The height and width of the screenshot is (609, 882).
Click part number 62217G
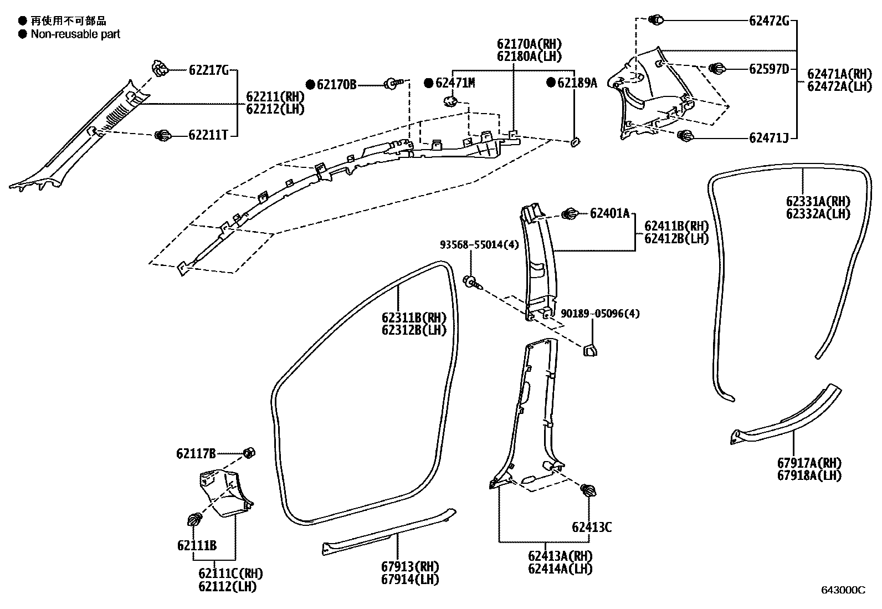pyautogui.click(x=208, y=70)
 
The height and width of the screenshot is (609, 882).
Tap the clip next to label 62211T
pyautogui.click(x=163, y=135)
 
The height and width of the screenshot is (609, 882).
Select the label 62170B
pyautogui.click(x=337, y=84)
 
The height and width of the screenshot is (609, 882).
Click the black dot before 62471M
pyautogui.click(x=428, y=83)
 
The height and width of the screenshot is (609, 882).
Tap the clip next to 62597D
pyautogui.click(x=717, y=69)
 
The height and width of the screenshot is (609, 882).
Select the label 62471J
pyautogui.click(x=768, y=137)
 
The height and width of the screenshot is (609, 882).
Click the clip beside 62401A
pyautogui.click(x=570, y=213)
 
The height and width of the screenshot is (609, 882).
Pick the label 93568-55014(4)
pyautogui.click(x=480, y=244)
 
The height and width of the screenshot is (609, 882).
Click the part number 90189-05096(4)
pyautogui.click(x=600, y=314)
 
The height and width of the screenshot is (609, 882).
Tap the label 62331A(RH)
pyautogui.click(x=818, y=202)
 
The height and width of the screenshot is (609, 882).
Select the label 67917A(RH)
pyautogui.click(x=813, y=463)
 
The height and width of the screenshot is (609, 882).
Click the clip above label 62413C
pyautogui.click(x=588, y=490)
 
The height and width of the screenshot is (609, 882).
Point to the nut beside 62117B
pyautogui.click(x=249, y=453)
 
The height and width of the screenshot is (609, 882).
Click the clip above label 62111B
pyautogui.click(x=194, y=520)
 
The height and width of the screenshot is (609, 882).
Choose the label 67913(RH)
pyautogui.click(x=409, y=567)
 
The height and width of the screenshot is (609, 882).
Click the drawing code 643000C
pyautogui.click(x=843, y=590)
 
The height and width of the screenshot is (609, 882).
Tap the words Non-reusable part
pyautogui.click(x=75, y=34)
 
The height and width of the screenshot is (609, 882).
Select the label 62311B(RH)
pyautogui.click(x=413, y=318)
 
